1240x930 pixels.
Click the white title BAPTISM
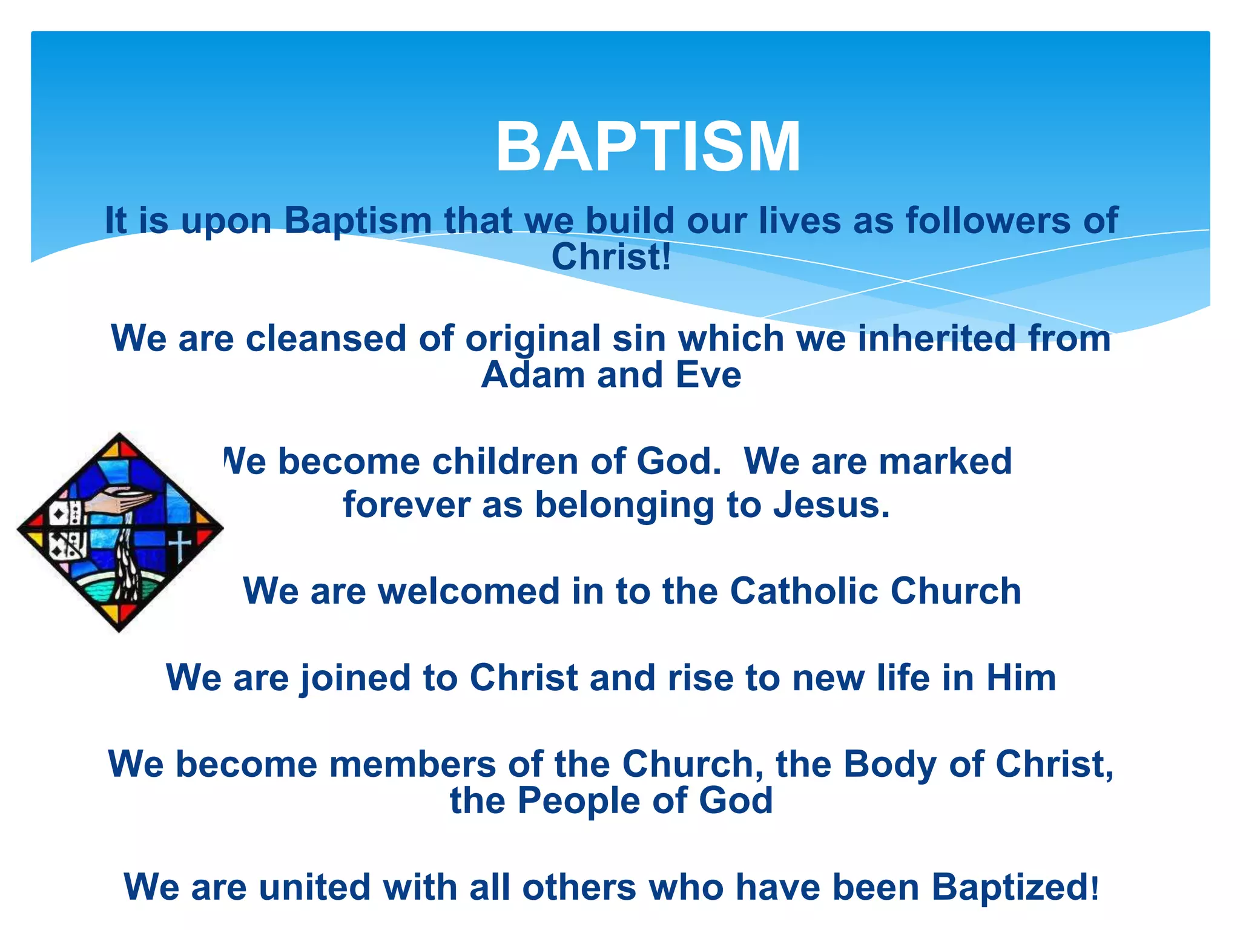[648, 147]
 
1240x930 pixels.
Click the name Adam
[533, 375]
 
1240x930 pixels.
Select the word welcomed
[469, 591]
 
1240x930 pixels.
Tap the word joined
[356, 678]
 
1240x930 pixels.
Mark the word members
[412, 764]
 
